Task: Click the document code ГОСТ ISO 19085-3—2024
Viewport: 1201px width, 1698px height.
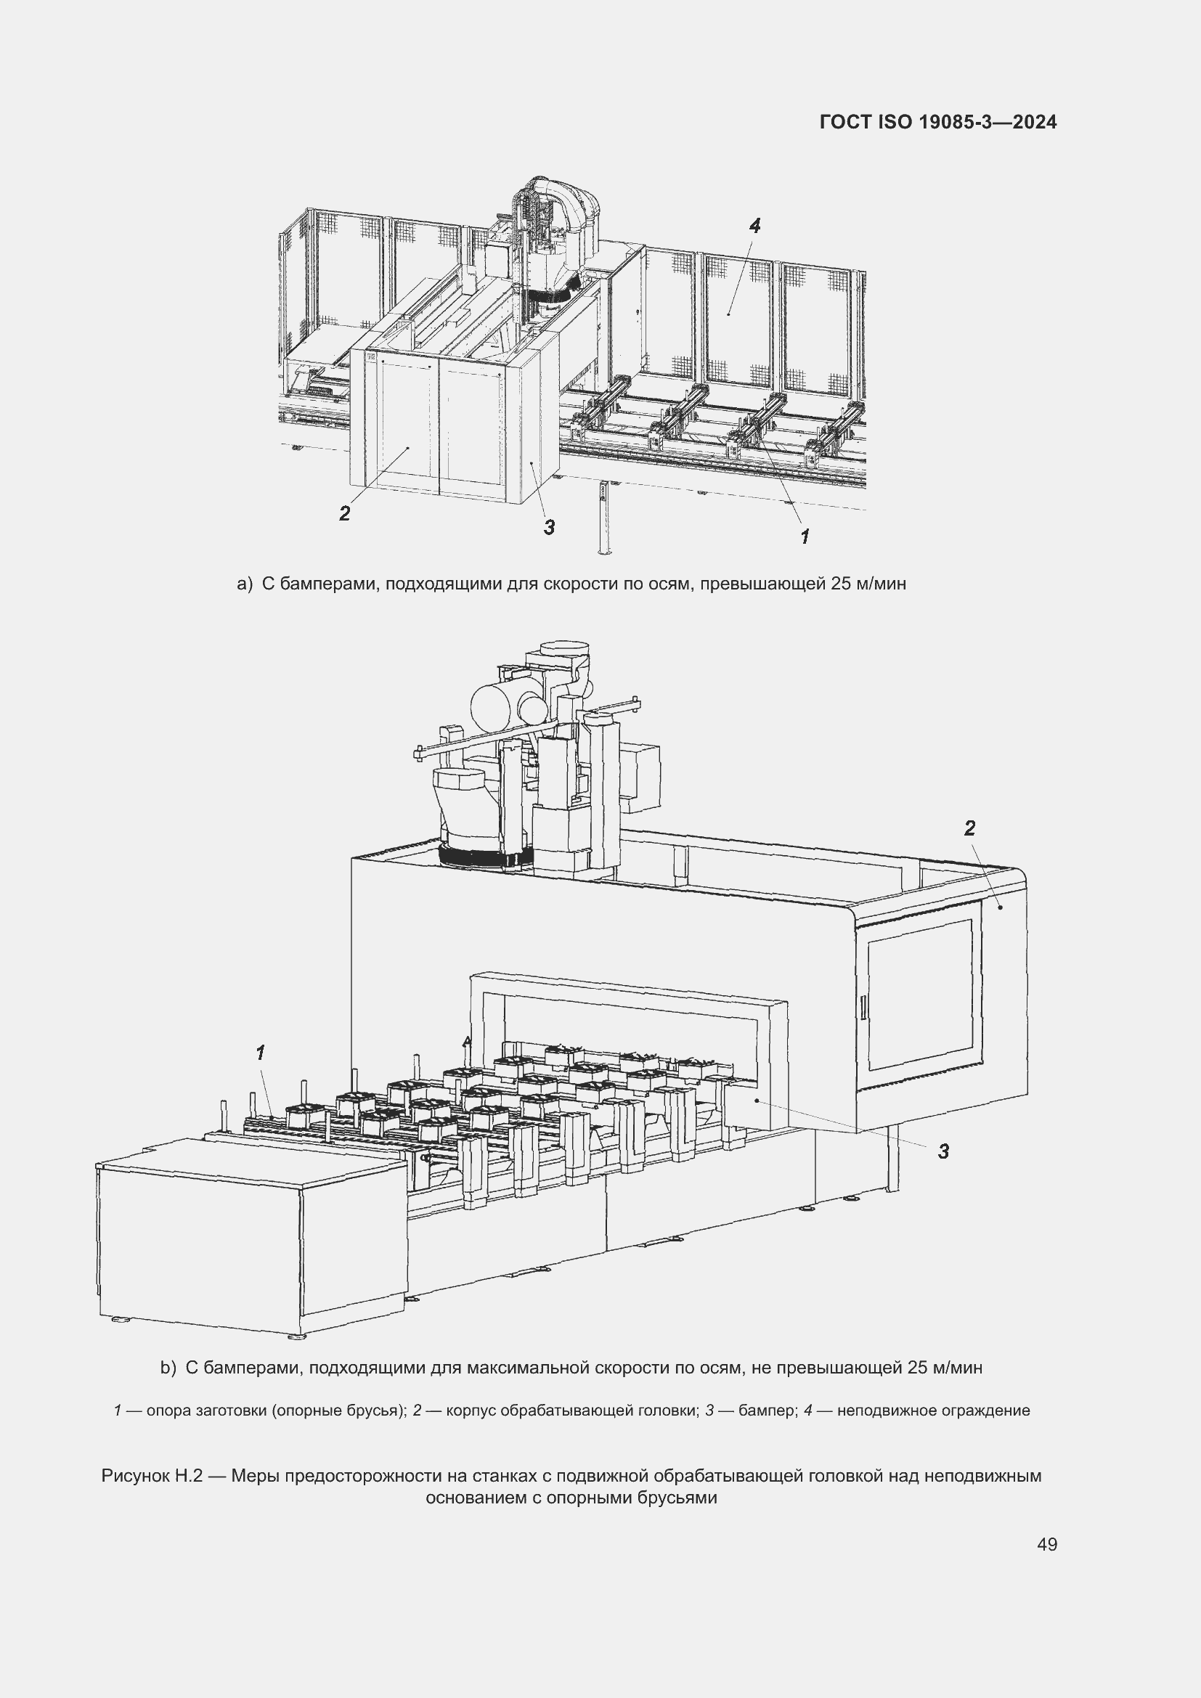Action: (x=937, y=122)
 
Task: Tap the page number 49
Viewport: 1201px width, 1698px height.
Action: (x=1047, y=1544)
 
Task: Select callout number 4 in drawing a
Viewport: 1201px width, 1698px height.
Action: (x=754, y=226)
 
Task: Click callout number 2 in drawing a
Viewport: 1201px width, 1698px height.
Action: (x=345, y=513)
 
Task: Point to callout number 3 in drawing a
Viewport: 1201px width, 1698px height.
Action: (x=549, y=527)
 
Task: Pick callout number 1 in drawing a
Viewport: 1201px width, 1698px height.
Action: (x=805, y=536)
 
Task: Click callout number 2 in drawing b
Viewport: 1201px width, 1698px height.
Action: (x=969, y=828)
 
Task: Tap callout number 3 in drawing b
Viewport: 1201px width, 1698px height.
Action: (x=943, y=1151)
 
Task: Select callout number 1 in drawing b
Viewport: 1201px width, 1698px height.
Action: (x=261, y=1053)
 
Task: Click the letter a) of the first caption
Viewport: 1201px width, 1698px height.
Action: (x=245, y=584)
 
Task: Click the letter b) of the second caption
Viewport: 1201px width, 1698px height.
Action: (x=168, y=1368)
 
